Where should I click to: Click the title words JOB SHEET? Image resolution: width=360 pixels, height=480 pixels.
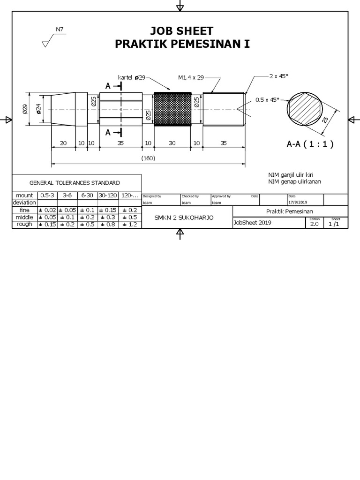pos(181,31)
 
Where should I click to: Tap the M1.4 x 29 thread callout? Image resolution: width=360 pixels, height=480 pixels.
pos(191,77)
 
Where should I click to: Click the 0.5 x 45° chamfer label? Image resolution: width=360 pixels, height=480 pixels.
pos(267,99)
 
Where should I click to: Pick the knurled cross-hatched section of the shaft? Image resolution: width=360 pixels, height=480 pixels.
pos(172,109)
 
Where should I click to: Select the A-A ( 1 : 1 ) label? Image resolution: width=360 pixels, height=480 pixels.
pos(310,144)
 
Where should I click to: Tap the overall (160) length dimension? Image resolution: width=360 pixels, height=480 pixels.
pos(148,158)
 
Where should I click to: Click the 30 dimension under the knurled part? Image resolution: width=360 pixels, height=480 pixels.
pos(172,143)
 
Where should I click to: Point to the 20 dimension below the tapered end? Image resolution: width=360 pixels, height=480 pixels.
pos(63,143)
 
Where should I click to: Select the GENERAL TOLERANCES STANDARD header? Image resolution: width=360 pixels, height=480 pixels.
pos(75,183)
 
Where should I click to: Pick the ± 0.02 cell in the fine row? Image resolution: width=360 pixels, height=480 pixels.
pos(47,210)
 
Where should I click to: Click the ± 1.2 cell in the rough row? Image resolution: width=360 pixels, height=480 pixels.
pos(129,224)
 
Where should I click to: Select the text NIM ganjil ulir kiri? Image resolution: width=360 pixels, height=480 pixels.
pos(291,175)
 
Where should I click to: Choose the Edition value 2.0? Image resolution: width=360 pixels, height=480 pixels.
pos(314,224)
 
